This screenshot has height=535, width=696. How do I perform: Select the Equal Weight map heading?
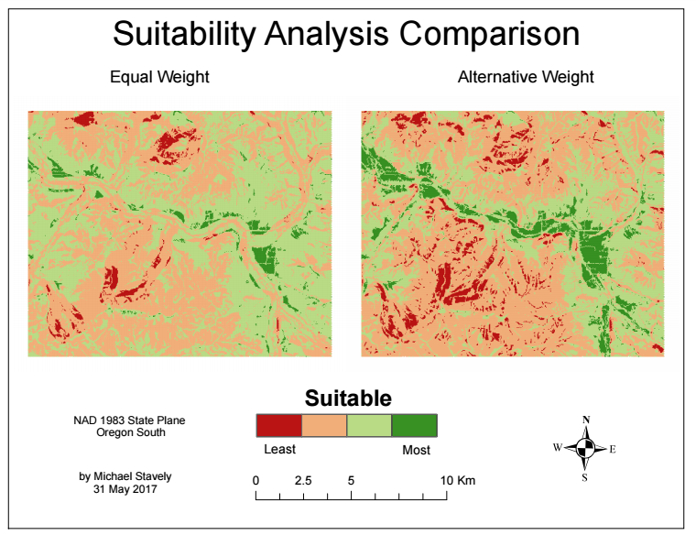[x=159, y=77]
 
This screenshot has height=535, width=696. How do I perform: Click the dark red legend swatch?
[x=279, y=425]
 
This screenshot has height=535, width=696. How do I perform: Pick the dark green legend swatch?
[x=414, y=425]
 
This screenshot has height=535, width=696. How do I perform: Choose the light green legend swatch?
[x=369, y=425]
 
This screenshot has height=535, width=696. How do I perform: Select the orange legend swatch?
[x=324, y=425]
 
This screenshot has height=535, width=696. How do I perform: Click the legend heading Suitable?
[x=347, y=399]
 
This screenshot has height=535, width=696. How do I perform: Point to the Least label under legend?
[x=279, y=450]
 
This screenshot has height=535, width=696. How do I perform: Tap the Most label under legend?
[x=416, y=450]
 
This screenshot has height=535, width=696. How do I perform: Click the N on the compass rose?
[x=585, y=420]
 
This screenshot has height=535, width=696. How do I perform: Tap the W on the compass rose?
[x=557, y=448]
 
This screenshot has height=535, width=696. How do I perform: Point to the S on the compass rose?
[x=585, y=476]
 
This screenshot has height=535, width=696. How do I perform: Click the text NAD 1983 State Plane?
[x=129, y=420]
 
